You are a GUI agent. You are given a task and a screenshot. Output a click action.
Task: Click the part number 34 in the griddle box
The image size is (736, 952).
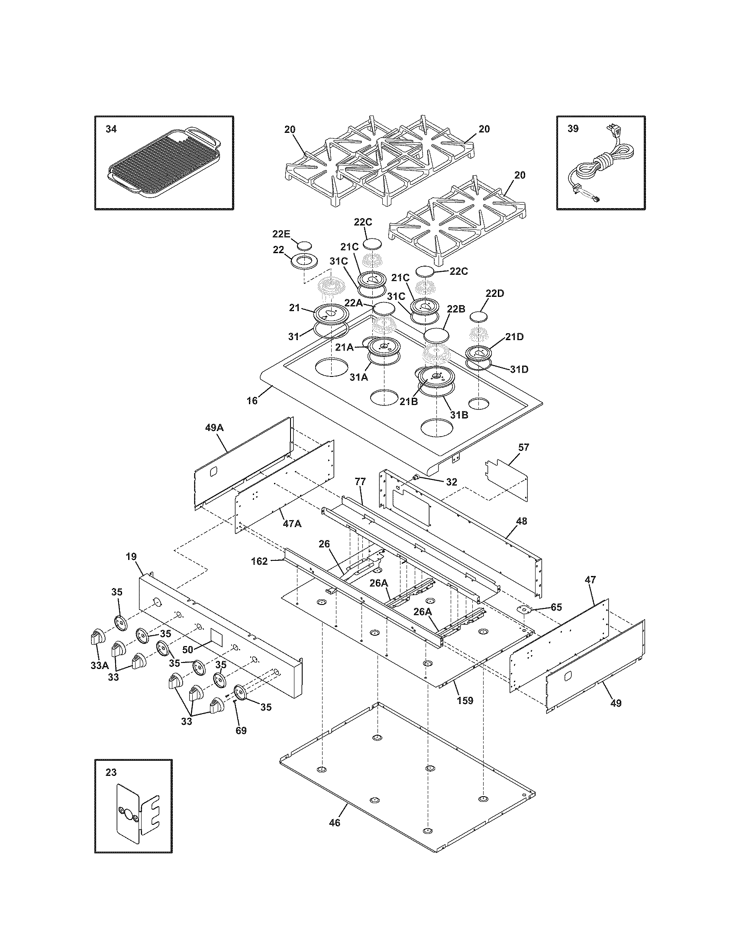pyautogui.click(x=111, y=129)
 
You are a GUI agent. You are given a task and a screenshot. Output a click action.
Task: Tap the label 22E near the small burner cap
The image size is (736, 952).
pyautogui.click(x=281, y=234)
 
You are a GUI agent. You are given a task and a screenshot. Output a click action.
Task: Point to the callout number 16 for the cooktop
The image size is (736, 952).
pyautogui.click(x=252, y=401)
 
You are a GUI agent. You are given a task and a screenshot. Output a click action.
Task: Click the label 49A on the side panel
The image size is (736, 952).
pyautogui.click(x=214, y=428)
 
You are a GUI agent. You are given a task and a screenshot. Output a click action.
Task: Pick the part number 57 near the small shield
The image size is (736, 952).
pyautogui.click(x=523, y=447)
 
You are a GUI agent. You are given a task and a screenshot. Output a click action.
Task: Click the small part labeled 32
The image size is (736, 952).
pyautogui.click(x=415, y=477)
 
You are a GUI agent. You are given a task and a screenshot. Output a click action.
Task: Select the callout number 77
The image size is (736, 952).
pyautogui.click(x=360, y=482)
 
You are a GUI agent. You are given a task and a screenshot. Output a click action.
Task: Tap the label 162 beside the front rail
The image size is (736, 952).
pyautogui.click(x=259, y=561)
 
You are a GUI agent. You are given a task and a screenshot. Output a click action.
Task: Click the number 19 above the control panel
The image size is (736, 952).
pyautogui.click(x=131, y=556)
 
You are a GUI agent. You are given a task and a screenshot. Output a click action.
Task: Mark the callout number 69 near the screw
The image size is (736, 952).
pyautogui.click(x=241, y=730)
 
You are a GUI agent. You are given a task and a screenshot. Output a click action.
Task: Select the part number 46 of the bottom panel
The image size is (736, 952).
pyautogui.click(x=334, y=823)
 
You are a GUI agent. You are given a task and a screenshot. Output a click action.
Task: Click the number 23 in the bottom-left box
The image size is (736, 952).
pyautogui.click(x=111, y=772)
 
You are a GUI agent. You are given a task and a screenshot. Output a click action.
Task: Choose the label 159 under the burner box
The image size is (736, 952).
pyautogui.click(x=465, y=701)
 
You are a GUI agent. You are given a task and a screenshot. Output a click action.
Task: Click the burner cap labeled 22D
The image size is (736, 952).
pyautogui.click(x=478, y=316)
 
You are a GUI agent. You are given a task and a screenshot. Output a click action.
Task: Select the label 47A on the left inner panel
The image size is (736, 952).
pyautogui.click(x=292, y=524)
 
